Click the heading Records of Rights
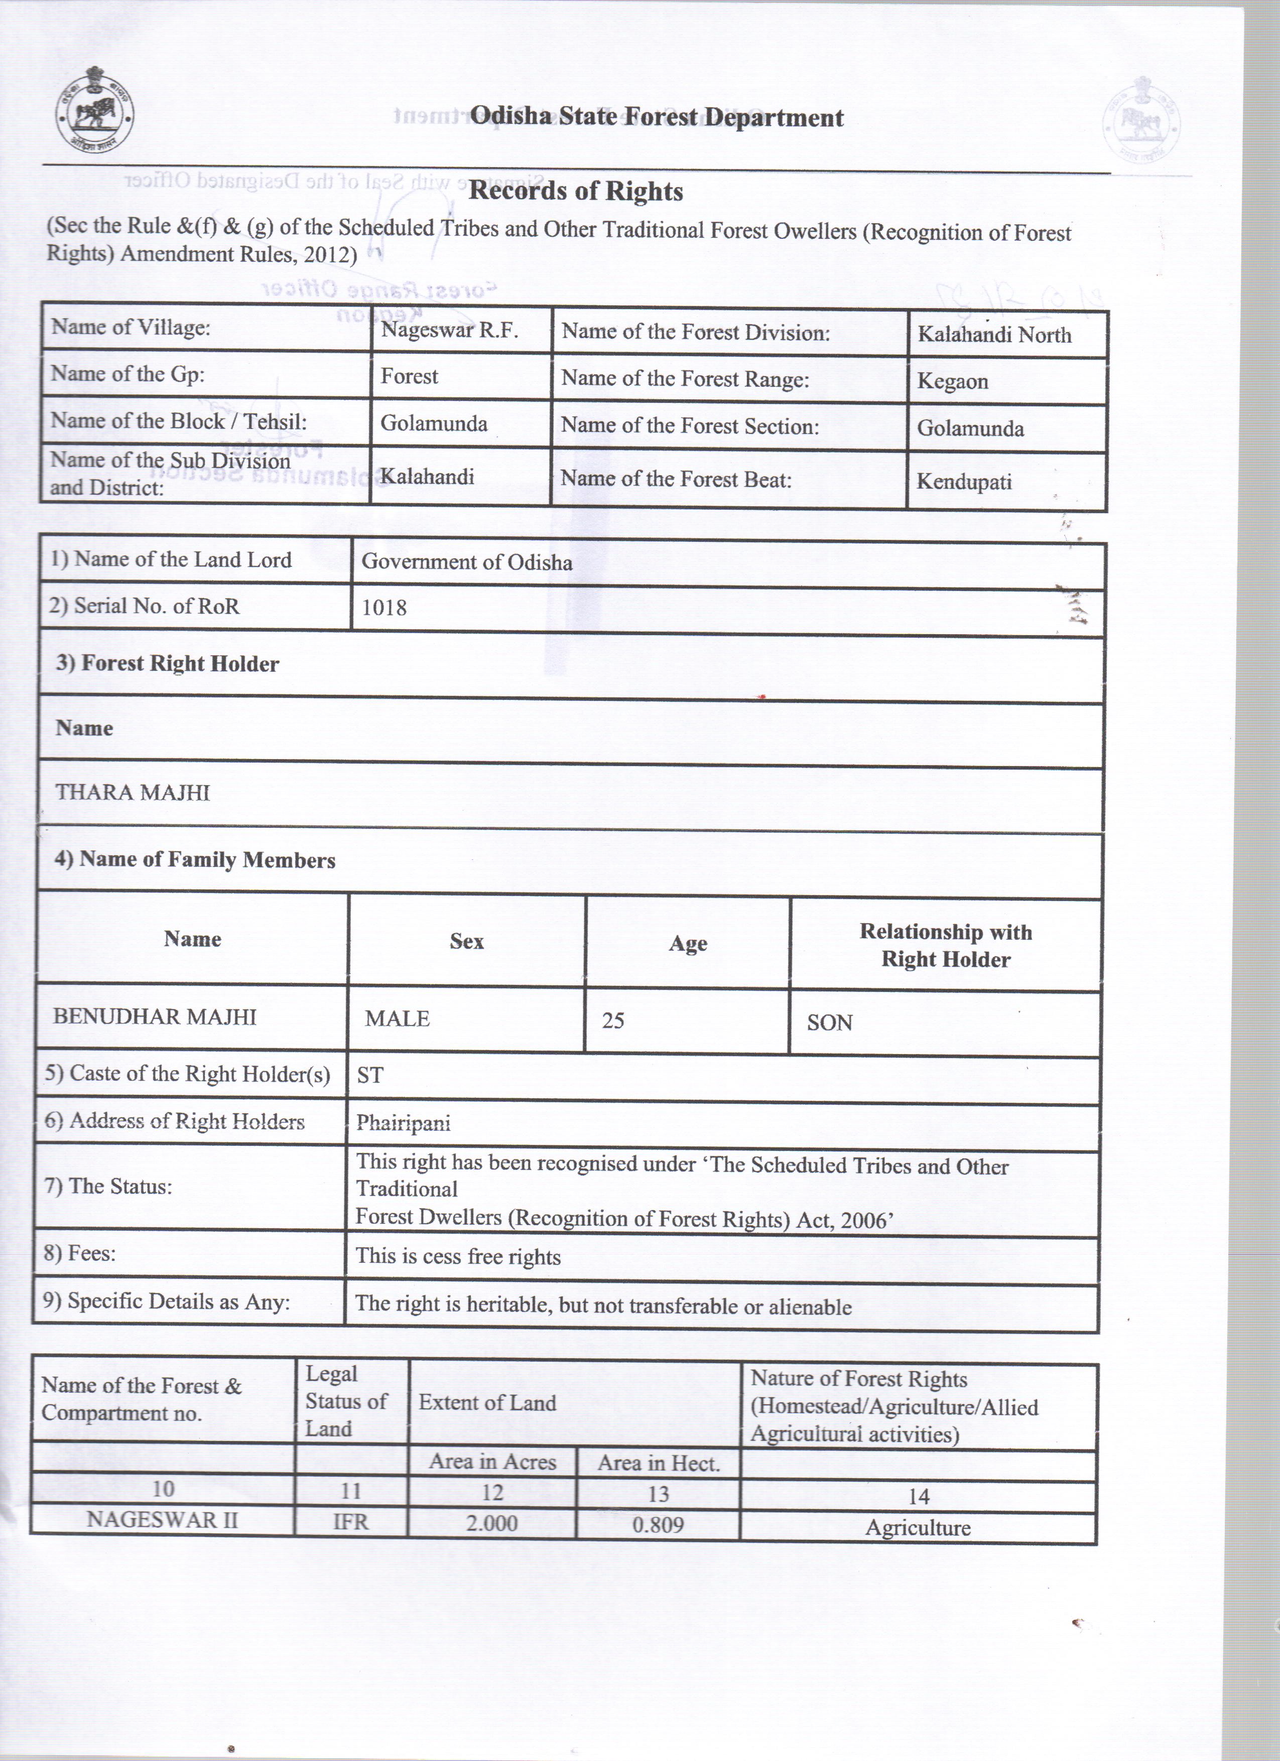(576, 191)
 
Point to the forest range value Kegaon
(952, 382)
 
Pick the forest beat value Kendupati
(964, 482)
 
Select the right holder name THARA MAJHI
(133, 793)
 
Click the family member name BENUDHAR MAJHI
(155, 1017)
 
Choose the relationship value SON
(830, 1022)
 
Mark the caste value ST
(370, 1075)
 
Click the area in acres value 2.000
(491, 1523)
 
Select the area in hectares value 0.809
(658, 1525)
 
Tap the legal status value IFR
(350, 1522)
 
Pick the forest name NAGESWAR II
(162, 1520)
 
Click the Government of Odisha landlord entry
(467, 562)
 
